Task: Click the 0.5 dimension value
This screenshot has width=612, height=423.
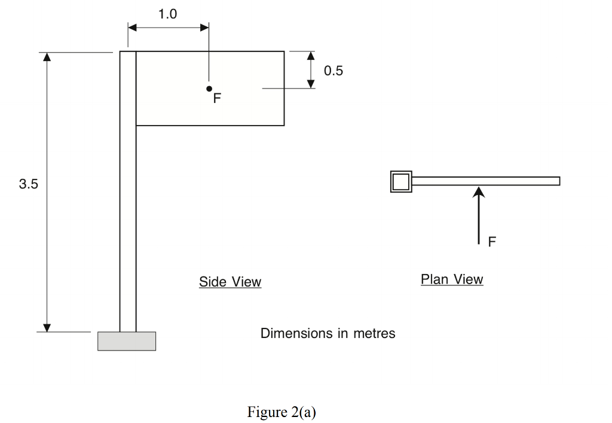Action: coord(333,71)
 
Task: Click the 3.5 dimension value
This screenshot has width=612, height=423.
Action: coord(28,184)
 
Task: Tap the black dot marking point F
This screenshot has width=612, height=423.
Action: coord(209,89)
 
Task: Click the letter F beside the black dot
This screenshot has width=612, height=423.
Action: coord(217,98)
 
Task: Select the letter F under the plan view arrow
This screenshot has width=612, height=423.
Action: coord(492,242)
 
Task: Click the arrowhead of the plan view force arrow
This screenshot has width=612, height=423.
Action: coord(479,191)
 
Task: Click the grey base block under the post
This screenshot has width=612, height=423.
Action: coord(127,341)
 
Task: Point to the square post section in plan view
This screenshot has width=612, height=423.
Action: coord(401,181)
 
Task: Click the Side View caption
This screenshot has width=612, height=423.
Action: coord(230,282)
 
